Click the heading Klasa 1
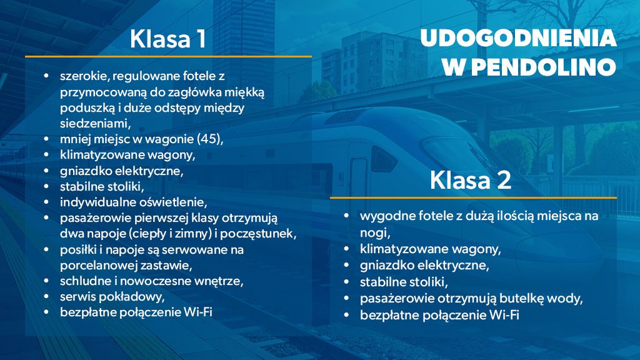pyautogui.click(x=167, y=39)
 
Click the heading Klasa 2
pyautogui.click(x=470, y=181)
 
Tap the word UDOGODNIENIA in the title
pyautogui.click(x=518, y=39)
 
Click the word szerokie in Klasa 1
pyautogui.click(x=82, y=76)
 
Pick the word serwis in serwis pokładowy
pyautogui.click(x=76, y=296)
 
